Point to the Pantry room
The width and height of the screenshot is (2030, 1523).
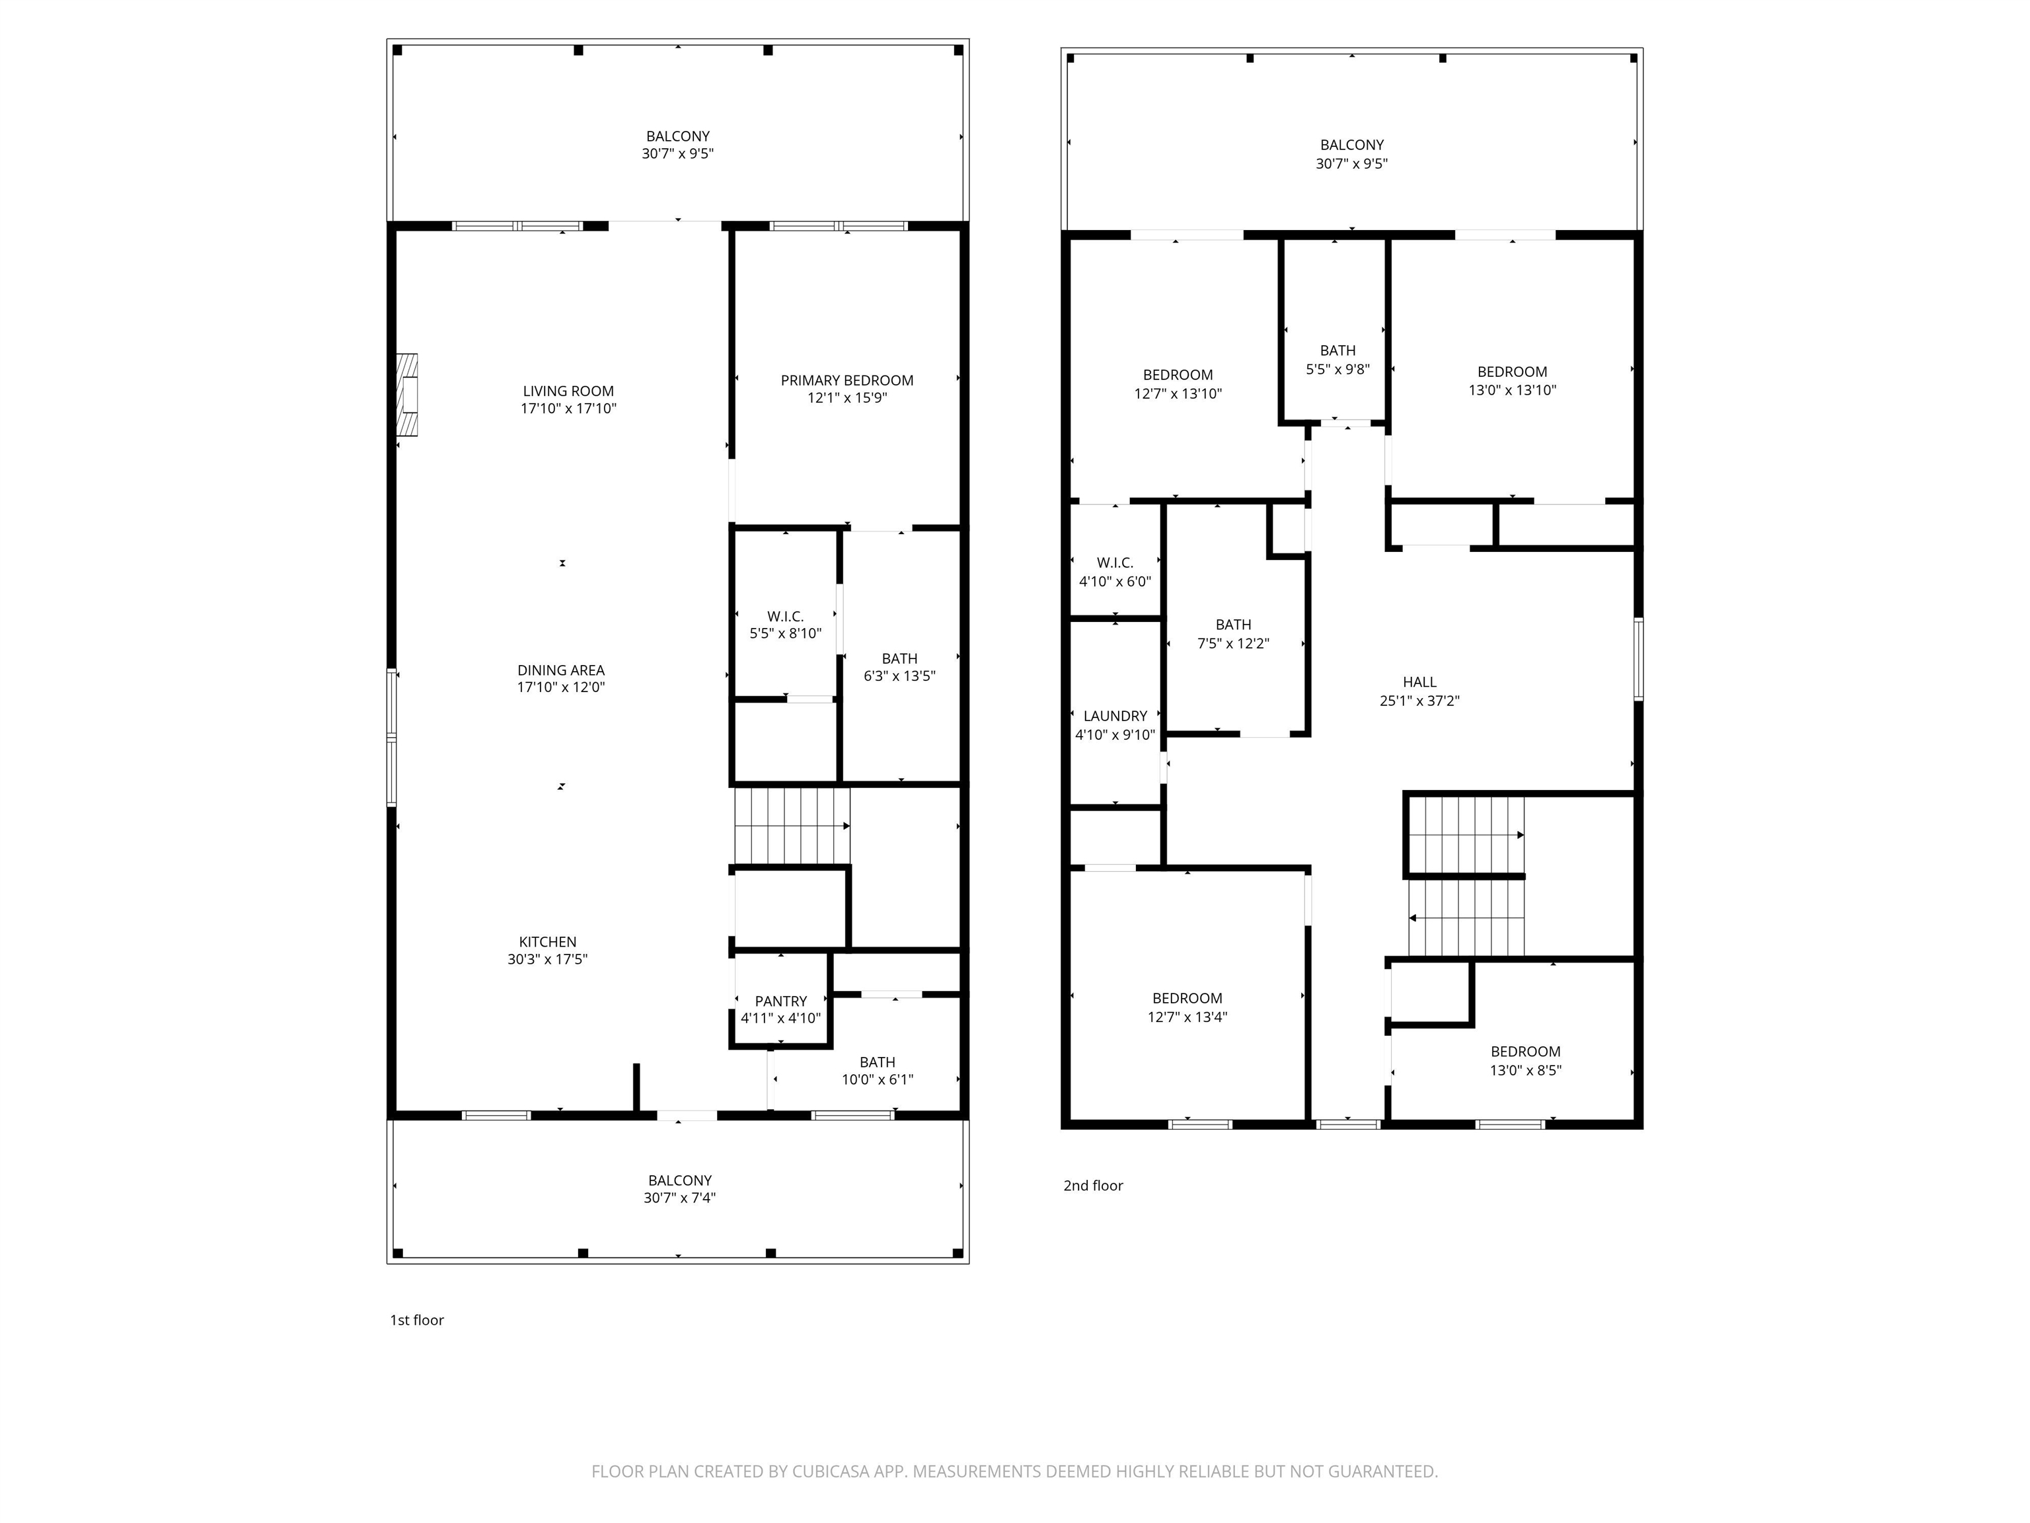(781, 999)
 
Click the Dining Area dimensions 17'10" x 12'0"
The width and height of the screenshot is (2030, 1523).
(561, 687)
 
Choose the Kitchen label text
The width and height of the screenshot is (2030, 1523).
(548, 942)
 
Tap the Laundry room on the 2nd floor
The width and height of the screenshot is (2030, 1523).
(1115, 714)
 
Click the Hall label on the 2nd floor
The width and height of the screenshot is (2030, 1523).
(1419, 682)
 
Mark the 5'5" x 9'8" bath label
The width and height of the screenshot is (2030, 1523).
(1338, 360)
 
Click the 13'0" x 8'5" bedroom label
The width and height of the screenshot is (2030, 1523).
(1525, 1060)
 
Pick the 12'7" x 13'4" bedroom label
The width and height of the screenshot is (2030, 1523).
(1187, 1007)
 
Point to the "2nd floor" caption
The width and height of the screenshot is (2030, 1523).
(1093, 1185)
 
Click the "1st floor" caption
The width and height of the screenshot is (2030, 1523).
(417, 1320)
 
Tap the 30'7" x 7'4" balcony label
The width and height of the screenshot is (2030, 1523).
(679, 1189)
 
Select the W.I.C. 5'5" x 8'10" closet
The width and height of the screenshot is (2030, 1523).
(786, 615)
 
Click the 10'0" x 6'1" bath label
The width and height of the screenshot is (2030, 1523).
(878, 1070)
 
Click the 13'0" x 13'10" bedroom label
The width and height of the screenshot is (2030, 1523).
(1513, 380)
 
